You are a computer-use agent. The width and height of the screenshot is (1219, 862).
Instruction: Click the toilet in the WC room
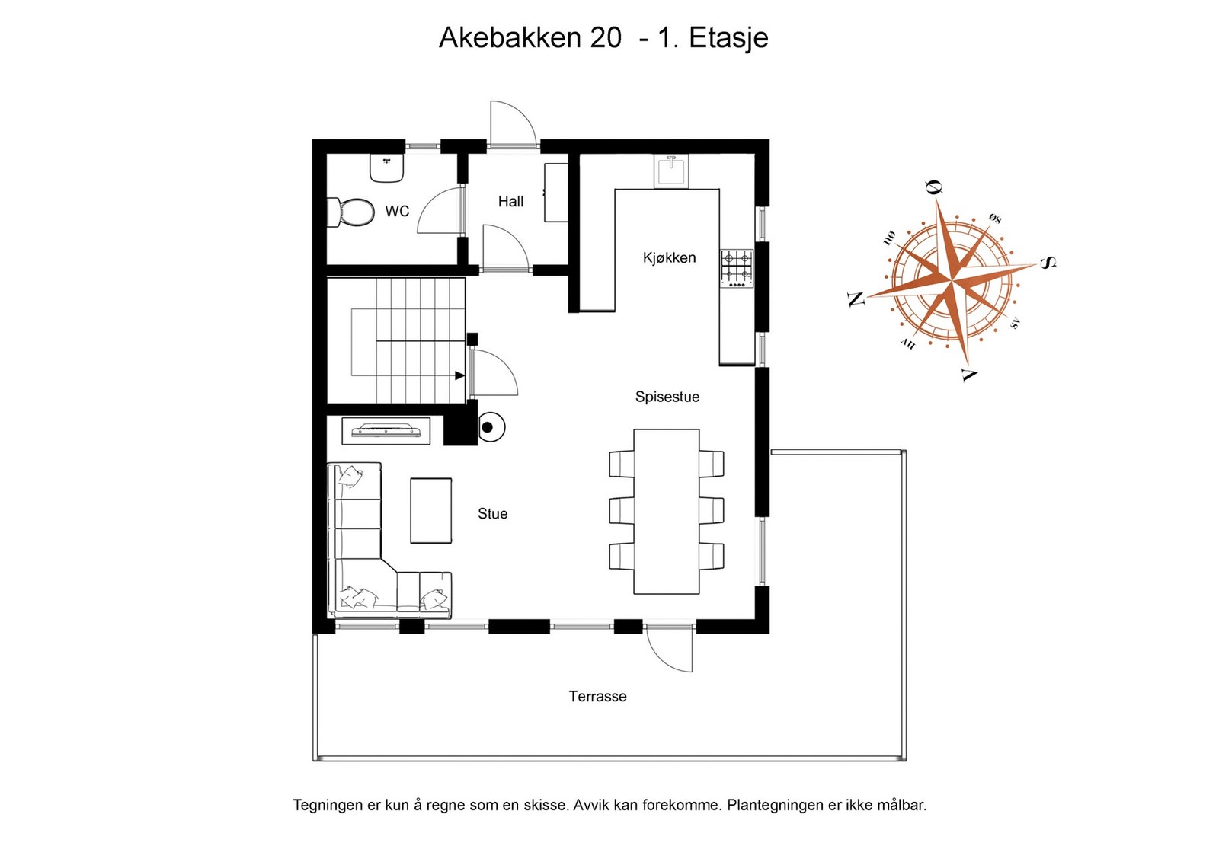click(x=352, y=212)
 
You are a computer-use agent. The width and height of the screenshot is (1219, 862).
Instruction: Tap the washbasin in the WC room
click(x=386, y=168)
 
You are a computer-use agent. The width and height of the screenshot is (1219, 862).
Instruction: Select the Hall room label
click(x=510, y=202)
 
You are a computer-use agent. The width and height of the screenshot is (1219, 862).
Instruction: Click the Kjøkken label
click(x=669, y=258)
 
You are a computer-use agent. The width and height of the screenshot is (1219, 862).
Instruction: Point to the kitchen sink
click(x=671, y=171)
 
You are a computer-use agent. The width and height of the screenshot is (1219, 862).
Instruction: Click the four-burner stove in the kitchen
click(x=737, y=268)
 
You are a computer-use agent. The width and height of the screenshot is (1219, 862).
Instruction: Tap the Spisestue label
click(x=667, y=397)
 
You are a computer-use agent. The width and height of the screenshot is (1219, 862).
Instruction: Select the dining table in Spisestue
click(x=667, y=511)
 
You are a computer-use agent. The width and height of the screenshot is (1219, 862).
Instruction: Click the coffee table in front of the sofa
click(x=431, y=510)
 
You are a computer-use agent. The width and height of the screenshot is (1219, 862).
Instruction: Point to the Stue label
click(x=492, y=514)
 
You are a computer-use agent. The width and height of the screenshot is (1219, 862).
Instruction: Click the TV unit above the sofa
click(x=386, y=431)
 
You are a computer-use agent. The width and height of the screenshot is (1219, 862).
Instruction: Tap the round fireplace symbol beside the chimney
click(x=491, y=427)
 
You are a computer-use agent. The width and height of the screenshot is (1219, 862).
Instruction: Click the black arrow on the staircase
click(x=459, y=375)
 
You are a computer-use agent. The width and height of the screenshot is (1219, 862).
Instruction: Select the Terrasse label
click(x=597, y=697)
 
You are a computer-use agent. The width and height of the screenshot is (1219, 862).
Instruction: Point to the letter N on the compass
click(x=856, y=299)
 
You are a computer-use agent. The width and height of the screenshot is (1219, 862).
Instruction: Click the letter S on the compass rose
click(x=1048, y=263)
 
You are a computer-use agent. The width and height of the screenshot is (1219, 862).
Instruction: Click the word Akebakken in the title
click(x=510, y=37)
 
